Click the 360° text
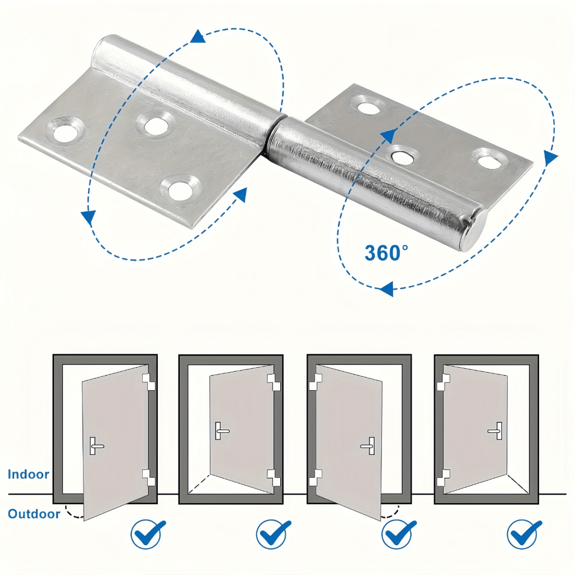(x=386, y=253)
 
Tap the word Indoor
(x=28, y=474)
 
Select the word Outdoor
(x=34, y=513)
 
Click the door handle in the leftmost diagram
(x=96, y=445)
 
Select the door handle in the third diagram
(x=368, y=446)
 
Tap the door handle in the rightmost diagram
(x=495, y=430)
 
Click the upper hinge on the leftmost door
(x=148, y=382)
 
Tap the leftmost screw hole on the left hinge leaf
(x=66, y=130)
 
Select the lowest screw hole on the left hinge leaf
(x=180, y=188)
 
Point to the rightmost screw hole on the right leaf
(x=491, y=159)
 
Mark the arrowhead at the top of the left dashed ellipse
(x=198, y=37)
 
